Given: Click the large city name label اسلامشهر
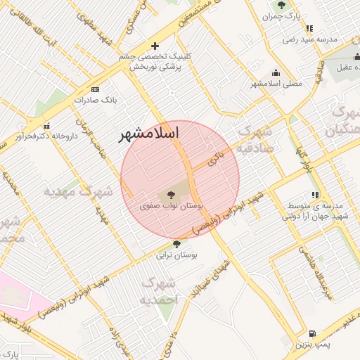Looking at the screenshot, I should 149,133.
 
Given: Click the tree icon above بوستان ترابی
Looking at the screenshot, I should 176,244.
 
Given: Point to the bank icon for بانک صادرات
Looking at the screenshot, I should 96,89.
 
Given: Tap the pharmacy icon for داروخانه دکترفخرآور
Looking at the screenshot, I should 46,126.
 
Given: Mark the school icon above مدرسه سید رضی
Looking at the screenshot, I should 309,29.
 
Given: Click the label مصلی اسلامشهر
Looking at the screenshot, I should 276,83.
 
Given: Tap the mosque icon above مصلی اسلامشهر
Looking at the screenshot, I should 276,72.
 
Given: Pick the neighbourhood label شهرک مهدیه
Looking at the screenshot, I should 78,191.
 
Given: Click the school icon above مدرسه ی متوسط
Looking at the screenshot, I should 315,194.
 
